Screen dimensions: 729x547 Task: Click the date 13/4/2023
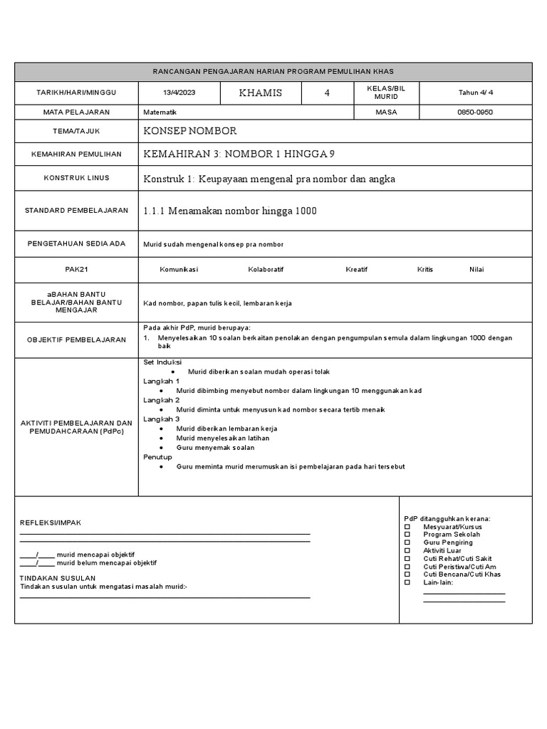179,93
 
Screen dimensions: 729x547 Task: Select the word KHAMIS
261,93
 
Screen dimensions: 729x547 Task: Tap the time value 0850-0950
475,112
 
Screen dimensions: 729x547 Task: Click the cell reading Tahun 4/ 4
475,93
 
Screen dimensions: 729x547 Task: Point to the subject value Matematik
160,112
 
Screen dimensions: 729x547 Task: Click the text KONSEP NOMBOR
190,132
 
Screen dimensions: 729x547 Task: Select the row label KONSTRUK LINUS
76,178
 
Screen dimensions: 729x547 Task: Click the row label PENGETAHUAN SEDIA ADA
76,243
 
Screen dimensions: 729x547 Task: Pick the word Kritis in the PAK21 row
425,270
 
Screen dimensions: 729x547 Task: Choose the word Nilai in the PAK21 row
476,270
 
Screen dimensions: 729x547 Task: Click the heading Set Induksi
163,362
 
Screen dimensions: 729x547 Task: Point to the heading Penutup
157,456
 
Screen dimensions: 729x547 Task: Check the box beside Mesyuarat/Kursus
407,527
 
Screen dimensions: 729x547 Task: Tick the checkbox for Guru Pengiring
407,542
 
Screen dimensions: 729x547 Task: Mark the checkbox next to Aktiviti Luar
407,550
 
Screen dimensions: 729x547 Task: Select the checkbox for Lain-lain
407,582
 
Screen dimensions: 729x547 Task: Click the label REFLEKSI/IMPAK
51,523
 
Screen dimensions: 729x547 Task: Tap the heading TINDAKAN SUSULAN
58,578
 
